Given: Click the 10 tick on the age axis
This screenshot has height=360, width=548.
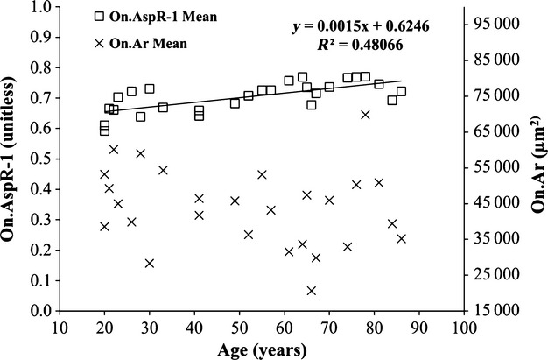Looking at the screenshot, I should [x=60, y=328].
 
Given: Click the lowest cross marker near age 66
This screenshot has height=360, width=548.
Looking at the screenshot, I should [x=311, y=291].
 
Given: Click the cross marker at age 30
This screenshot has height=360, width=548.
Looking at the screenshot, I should [x=149, y=263].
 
